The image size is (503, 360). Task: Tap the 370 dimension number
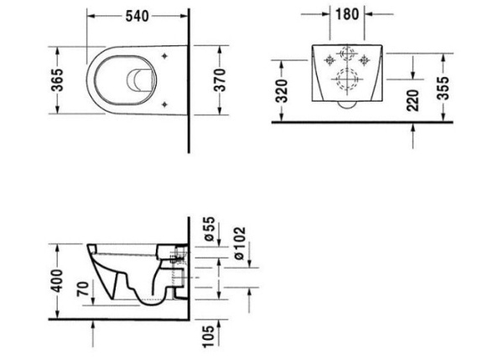pos(220,81)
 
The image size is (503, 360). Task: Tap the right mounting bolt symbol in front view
pos(365,60)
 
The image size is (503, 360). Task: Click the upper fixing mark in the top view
pos(166,57)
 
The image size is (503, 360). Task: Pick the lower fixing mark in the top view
pos(166,104)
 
